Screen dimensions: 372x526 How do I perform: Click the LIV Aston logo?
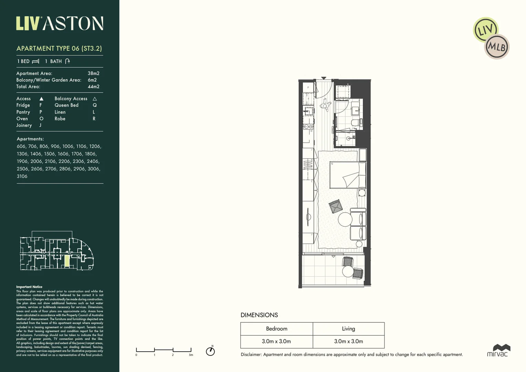pyautogui.click(x=60, y=23)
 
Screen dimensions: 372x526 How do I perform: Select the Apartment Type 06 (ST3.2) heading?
pyautogui.click(x=59, y=49)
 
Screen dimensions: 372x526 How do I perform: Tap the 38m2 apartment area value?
pyautogui.click(x=93, y=73)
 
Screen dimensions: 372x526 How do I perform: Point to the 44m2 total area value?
pyautogui.click(x=93, y=87)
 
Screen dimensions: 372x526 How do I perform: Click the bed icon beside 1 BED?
pyautogui.click(x=35, y=61)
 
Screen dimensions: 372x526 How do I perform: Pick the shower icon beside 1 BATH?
pyautogui.click(x=67, y=61)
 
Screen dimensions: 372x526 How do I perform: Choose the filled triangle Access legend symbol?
pyautogui.click(x=41, y=99)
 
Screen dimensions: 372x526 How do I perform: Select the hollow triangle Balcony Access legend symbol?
pyautogui.click(x=95, y=99)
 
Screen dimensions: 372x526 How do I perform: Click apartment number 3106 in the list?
pyautogui.click(x=22, y=176)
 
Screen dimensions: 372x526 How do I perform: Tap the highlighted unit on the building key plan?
pyautogui.click(x=67, y=261)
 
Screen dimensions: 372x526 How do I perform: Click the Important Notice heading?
pyautogui.click(x=29, y=287)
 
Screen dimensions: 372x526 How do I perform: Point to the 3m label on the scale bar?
pyautogui.click(x=191, y=355)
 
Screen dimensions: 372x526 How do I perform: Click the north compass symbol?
pyautogui.click(x=210, y=351)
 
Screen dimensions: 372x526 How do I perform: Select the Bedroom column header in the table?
pyautogui.click(x=276, y=329)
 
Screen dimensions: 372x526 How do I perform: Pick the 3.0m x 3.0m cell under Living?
pyautogui.click(x=348, y=341)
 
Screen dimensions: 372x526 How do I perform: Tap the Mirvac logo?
pyautogui.click(x=497, y=350)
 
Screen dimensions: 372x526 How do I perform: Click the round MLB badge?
pyautogui.click(x=497, y=46)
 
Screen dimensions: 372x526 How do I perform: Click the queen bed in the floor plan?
pyautogui.click(x=347, y=175)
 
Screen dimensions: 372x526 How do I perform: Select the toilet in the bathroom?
pyautogui.click(x=355, y=123)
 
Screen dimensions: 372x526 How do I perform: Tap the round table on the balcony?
pyautogui.click(x=348, y=271)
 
